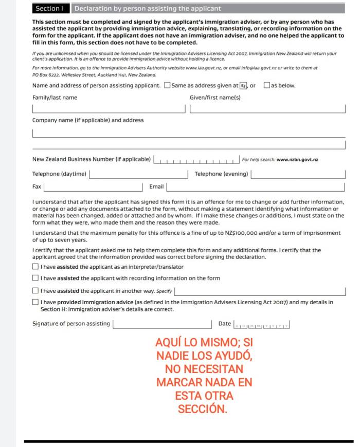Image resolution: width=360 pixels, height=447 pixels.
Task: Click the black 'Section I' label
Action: pos(50,8)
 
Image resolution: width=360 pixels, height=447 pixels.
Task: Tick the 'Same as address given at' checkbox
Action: pos(167,85)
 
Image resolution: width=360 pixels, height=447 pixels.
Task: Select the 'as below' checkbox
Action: pos(266,85)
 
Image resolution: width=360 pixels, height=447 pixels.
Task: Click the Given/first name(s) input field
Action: pos(267,109)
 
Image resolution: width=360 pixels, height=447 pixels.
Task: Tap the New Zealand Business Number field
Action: pos(197,160)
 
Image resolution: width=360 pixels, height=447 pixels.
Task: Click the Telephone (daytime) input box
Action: pos(139,174)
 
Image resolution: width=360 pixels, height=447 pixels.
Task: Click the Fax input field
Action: pos(93,187)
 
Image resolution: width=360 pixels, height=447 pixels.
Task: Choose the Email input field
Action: pos(256,187)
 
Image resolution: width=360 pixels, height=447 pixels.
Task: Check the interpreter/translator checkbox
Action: pos(35,267)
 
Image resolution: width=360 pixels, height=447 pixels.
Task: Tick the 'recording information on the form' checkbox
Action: pos(35,278)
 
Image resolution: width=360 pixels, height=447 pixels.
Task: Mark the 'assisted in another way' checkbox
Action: pos(35,291)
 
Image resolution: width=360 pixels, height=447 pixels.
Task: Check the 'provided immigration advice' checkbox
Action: pos(35,303)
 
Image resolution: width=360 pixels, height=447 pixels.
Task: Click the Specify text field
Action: pos(260,291)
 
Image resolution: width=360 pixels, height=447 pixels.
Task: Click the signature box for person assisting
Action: pos(162,324)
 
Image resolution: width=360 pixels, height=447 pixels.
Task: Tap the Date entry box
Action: pos(262,325)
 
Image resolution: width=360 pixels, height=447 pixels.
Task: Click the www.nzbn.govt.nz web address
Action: pos(297,160)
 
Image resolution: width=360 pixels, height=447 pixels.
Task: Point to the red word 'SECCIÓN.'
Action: pos(202,409)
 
